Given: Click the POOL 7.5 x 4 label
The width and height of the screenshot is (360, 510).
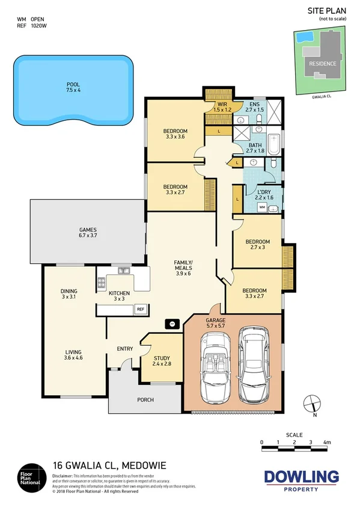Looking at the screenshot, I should (x=73, y=87).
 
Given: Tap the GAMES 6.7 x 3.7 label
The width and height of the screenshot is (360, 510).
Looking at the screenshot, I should (x=88, y=233).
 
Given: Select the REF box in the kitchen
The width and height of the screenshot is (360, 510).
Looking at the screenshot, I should (x=141, y=309).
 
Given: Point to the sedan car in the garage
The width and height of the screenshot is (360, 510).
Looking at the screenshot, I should (x=252, y=366).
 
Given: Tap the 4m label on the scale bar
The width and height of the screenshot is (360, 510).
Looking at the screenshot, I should (x=328, y=442).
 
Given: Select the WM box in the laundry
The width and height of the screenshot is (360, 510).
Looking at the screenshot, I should (x=262, y=207).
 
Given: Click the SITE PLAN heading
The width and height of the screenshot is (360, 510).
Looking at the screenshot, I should (x=328, y=10).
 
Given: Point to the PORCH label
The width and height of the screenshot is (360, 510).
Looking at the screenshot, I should (x=145, y=400).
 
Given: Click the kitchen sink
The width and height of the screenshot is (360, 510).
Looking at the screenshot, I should (x=123, y=271).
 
